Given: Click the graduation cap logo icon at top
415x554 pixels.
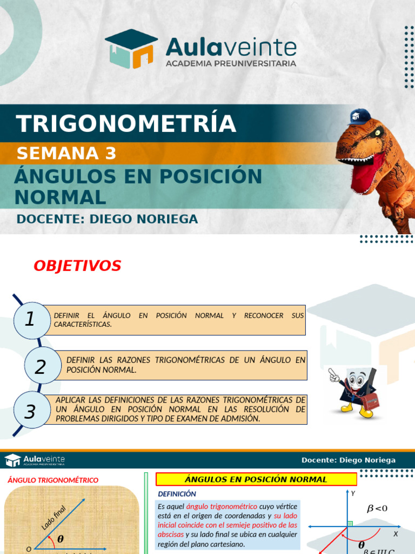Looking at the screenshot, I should coord(131,49).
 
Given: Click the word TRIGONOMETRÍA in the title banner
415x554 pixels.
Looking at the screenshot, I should coord(126,124).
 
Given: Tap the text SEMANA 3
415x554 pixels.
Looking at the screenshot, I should coord(66,154).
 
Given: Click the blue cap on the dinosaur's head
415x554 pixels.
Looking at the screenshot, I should coord(359,116).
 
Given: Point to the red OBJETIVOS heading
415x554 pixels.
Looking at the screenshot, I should coord(77,266).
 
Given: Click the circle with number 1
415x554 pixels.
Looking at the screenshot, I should coord(30,320).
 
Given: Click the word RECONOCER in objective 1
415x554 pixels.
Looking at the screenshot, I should coord(264,315).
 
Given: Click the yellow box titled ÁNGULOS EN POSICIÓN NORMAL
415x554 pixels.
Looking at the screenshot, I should coord(256,479).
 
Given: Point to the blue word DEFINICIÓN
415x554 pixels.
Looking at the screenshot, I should coord(177,494).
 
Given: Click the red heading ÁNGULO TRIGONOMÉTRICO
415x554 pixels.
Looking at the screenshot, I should coord(53,480).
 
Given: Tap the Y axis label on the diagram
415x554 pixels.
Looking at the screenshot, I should coord(353,493).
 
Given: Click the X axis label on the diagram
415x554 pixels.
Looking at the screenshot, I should coord(396,533).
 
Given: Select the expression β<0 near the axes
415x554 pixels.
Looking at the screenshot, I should coord(377,508).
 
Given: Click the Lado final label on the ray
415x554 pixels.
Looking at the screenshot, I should coord(53,518).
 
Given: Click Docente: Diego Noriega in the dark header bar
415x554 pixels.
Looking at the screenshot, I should coord(349,460).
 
